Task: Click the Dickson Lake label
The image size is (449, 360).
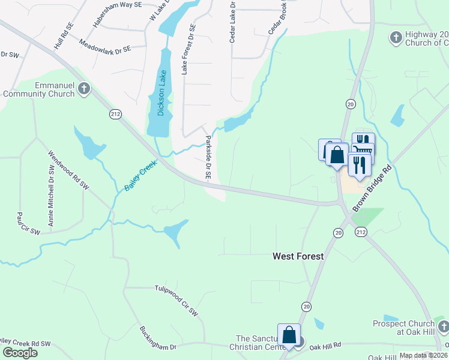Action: pyautogui.click(x=161, y=92)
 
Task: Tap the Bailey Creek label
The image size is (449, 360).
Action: pyautogui.click(x=140, y=175)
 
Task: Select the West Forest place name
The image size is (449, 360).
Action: pyautogui.click(x=298, y=256)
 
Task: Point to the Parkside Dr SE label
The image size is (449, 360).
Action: pyautogui.click(x=208, y=158)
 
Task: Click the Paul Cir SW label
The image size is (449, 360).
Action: pyautogui.click(x=28, y=223)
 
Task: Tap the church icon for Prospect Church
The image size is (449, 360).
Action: pyautogui.click(x=443, y=327)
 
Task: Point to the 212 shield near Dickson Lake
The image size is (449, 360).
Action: pyautogui.click(x=114, y=113)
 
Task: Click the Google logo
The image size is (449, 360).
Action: pyautogui.click(x=20, y=353)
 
